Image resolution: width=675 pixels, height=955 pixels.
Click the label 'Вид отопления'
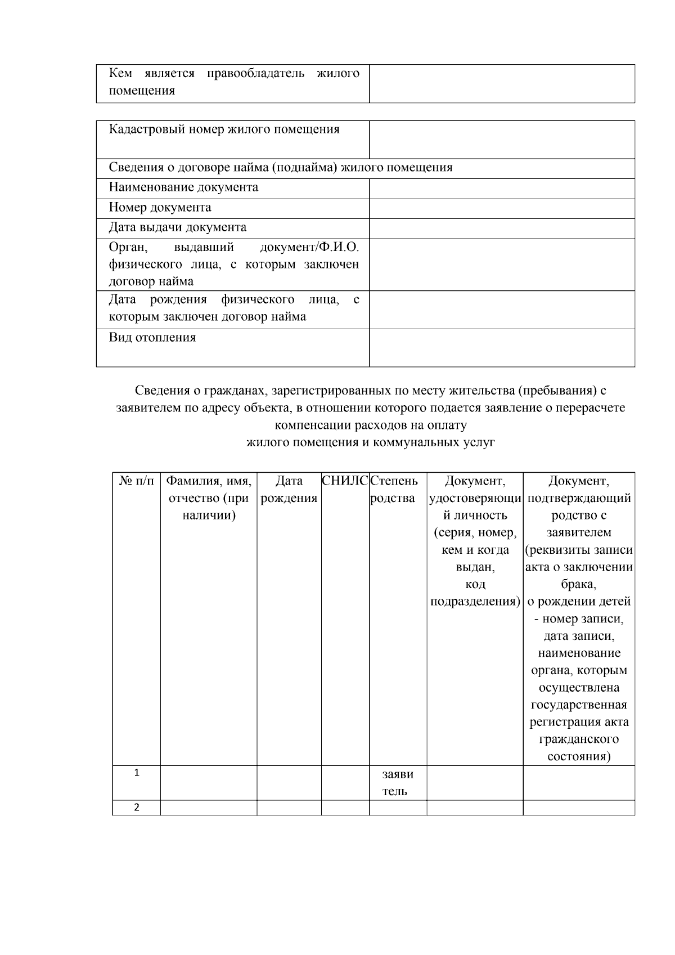click(x=152, y=338)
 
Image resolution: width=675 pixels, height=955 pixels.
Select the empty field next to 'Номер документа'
click(x=502, y=208)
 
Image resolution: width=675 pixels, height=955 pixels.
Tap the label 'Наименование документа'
click(x=183, y=187)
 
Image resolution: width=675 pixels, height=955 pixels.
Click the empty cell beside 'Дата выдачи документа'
click(x=502, y=228)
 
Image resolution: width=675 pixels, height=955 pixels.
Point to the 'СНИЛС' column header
click(x=345, y=481)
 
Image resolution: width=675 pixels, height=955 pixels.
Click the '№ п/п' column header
click(x=136, y=481)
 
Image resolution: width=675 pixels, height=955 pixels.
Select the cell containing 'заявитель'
click(x=398, y=782)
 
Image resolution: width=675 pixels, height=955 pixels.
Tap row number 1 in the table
click(x=136, y=773)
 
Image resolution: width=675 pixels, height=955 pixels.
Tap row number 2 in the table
click(x=136, y=807)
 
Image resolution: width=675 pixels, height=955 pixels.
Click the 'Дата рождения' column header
click(x=289, y=490)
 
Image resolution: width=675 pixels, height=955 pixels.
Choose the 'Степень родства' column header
click(x=394, y=490)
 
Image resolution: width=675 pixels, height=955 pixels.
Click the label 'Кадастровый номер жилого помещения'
click(x=224, y=129)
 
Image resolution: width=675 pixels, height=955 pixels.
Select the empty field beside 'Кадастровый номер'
click(x=502, y=139)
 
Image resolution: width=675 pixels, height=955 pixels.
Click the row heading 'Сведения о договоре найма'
click(x=280, y=168)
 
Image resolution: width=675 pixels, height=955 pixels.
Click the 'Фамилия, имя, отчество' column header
click(x=209, y=498)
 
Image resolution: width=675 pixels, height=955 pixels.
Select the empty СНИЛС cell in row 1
click(x=345, y=782)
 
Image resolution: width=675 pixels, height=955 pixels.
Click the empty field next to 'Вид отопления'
click(x=502, y=347)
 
